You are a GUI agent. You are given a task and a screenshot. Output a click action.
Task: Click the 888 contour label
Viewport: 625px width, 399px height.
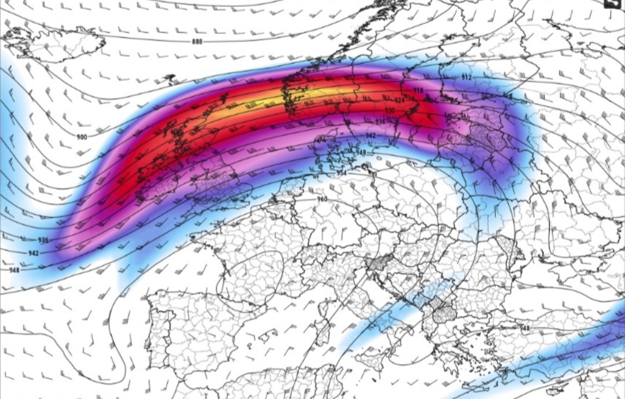click(x=197, y=42)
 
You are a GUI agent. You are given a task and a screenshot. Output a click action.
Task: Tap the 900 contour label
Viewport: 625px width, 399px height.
click(x=82, y=137)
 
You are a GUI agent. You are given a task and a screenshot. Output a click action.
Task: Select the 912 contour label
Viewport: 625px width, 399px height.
click(x=466, y=78)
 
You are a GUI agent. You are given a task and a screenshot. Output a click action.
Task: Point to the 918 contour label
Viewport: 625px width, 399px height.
click(x=418, y=90)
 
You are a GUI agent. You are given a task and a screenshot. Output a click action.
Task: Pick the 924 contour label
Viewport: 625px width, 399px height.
click(x=399, y=100)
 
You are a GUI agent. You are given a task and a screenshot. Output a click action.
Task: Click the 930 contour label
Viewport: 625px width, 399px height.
click(x=390, y=110)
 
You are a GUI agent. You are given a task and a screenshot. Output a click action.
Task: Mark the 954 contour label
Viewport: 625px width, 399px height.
click(x=341, y=174)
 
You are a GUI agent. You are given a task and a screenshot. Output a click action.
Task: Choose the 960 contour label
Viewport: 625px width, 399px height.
click(x=322, y=199)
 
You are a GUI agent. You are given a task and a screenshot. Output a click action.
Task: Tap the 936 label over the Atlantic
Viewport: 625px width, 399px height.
click(x=43, y=240)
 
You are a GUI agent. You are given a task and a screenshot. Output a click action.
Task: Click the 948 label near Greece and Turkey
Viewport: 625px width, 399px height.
click(x=524, y=328)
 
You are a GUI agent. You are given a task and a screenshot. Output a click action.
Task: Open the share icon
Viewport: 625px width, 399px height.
click(x=612, y=3)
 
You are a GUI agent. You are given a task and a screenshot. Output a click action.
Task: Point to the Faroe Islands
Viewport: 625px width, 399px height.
click(x=170, y=78)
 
